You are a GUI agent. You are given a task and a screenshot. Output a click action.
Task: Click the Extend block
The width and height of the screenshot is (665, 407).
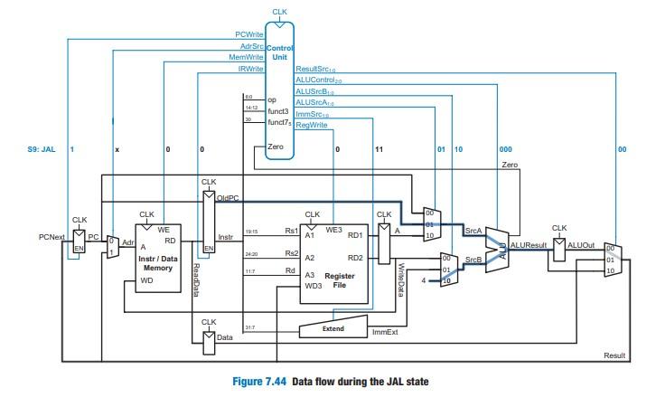(333, 329)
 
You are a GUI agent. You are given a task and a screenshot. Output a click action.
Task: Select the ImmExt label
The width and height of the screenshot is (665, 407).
(385, 332)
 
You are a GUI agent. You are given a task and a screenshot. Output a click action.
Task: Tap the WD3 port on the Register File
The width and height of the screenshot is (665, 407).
(312, 287)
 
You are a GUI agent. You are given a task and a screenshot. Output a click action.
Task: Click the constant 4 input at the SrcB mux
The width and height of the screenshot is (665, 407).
(425, 280)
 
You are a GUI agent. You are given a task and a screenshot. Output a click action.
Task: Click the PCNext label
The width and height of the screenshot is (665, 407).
(51, 237)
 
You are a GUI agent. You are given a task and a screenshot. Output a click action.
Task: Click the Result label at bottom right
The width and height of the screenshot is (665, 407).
(613, 355)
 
